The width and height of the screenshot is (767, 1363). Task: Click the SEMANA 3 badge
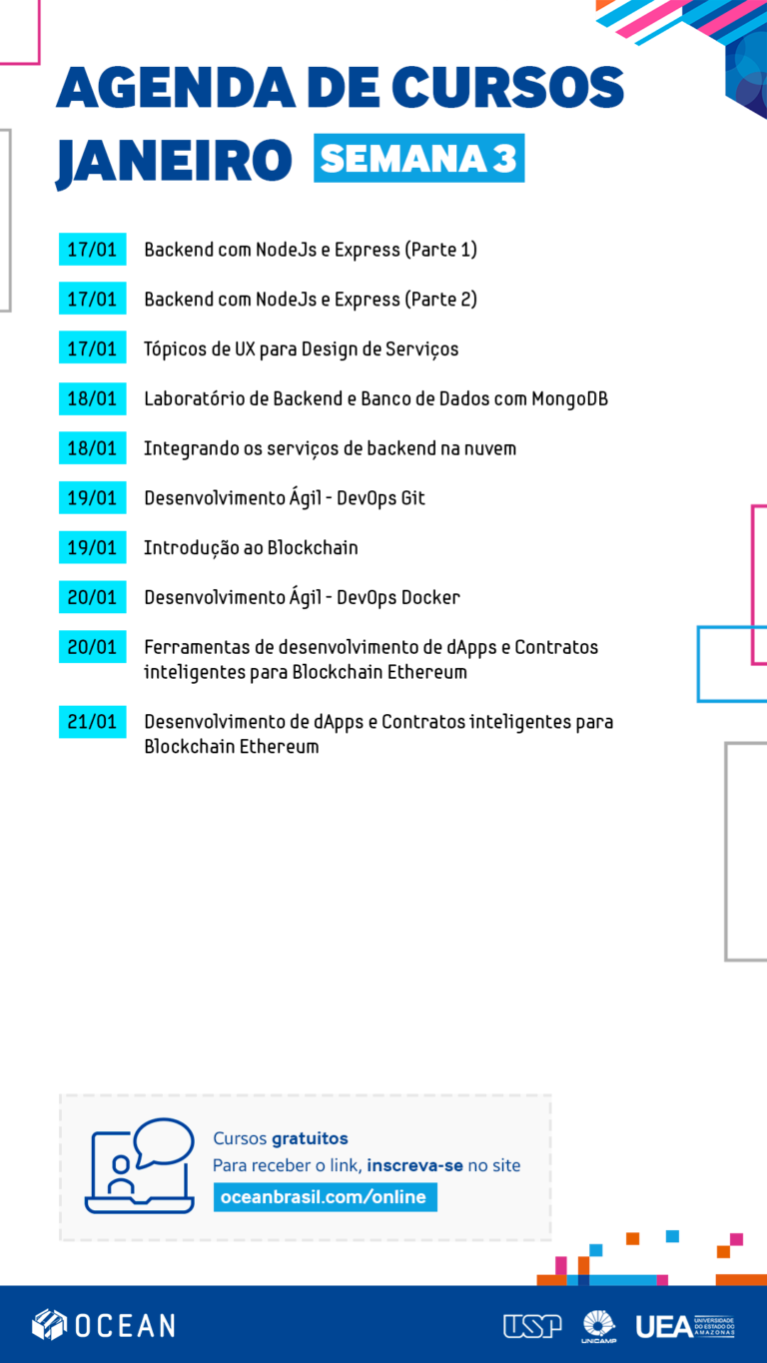point(418,158)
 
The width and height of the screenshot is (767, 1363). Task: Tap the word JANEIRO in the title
point(174,161)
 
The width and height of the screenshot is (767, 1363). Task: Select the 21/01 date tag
point(93,722)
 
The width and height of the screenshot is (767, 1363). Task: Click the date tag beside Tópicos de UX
point(93,348)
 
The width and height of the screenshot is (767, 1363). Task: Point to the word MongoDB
point(570,399)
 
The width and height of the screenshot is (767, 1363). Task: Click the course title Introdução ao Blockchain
point(251,547)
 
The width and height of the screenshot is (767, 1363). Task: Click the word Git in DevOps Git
point(412,497)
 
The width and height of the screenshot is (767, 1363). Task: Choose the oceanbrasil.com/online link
point(325,1197)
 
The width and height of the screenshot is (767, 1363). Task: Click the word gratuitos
point(310,1138)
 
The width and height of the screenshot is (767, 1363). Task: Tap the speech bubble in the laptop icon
point(163,1141)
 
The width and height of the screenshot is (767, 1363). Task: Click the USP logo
point(532,1326)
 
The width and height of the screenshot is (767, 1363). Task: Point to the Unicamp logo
point(599,1326)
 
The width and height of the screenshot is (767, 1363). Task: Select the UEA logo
point(685,1326)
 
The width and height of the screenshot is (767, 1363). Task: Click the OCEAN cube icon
point(49,1325)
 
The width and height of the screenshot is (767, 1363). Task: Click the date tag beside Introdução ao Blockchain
point(93,547)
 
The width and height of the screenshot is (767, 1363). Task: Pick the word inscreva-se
point(414,1165)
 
